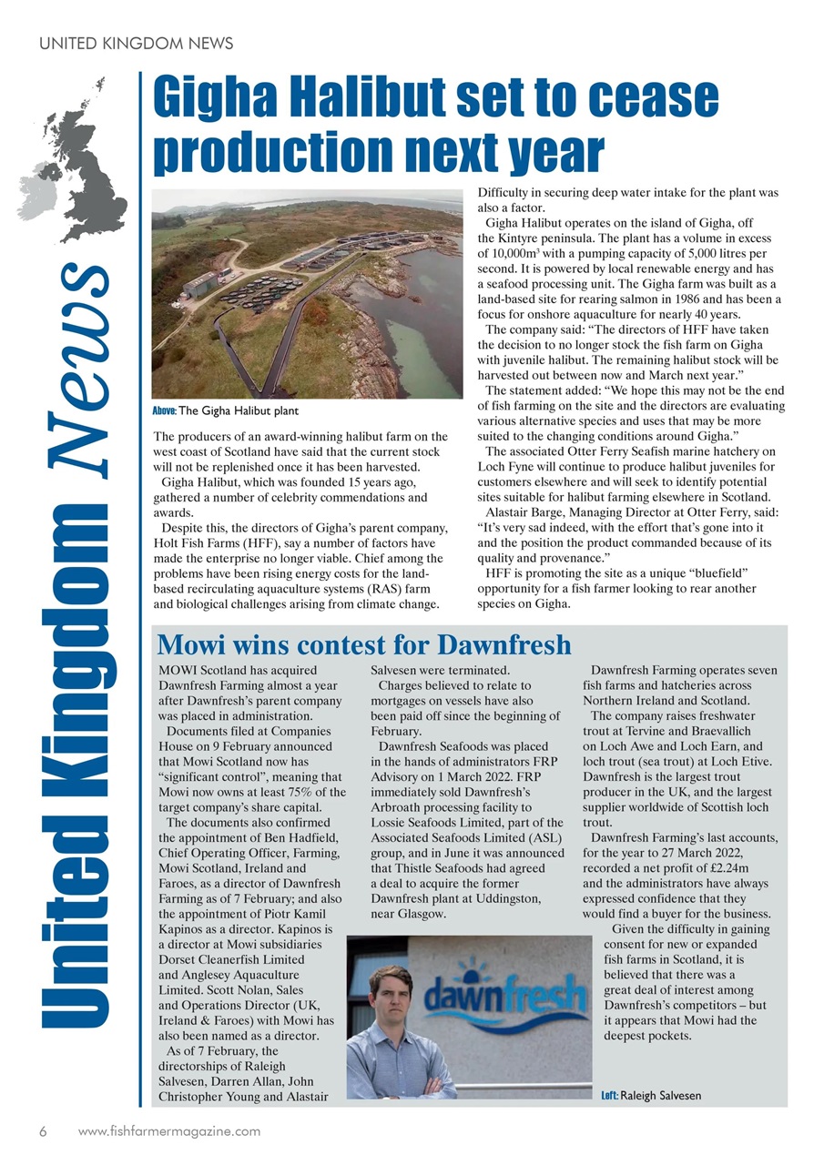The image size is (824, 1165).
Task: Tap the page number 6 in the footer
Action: tap(43, 1131)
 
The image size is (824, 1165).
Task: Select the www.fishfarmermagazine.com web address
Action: tap(169, 1131)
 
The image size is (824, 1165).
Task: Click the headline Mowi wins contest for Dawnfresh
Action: tap(364, 645)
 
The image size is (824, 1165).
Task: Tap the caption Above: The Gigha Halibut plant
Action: tap(225, 411)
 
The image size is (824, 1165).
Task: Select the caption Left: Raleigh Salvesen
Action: tap(651, 1096)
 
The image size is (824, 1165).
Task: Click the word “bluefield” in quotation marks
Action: tap(717, 574)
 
